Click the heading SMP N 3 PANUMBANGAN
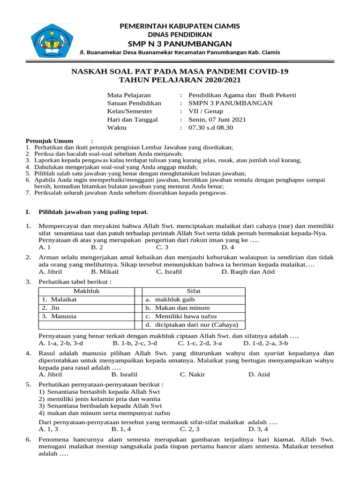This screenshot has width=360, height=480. pyautogui.click(x=180, y=44)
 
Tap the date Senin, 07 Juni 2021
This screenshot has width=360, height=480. pyautogui.click(x=217, y=120)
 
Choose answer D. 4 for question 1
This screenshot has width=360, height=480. pyautogui.click(x=228, y=247)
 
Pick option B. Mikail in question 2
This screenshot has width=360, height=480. pyautogui.click(x=105, y=271)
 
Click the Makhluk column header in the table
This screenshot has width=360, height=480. pyautogui.click(x=87, y=291)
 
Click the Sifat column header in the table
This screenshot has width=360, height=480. pyautogui.click(x=193, y=291)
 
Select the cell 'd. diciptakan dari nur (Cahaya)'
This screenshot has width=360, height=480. pyautogui.click(x=191, y=325)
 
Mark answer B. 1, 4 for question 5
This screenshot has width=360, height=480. pyautogui.click(x=121, y=428)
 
